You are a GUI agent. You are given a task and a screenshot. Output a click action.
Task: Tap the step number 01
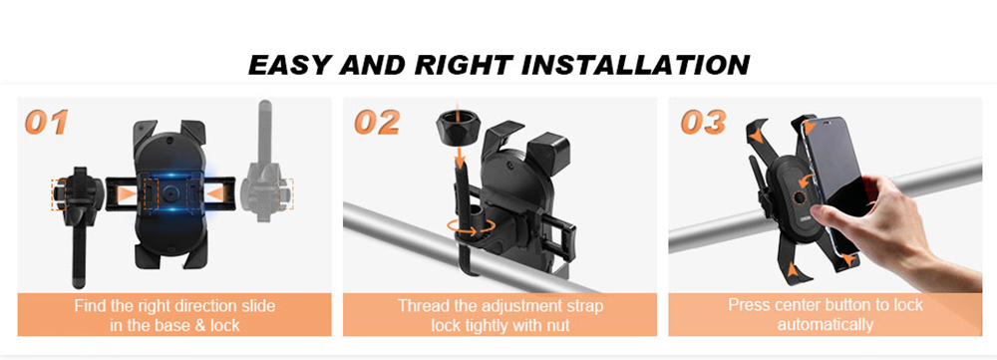(x=47, y=123)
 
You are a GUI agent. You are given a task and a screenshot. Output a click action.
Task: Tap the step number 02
(x=377, y=123)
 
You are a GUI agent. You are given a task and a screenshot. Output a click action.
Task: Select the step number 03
(x=703, y=123)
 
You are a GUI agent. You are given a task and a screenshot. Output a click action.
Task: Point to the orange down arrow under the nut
(x=459, y=161)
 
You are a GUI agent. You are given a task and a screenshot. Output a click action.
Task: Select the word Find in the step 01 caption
(x=91, y=305)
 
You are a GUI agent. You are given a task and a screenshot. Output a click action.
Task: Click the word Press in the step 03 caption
(x=751, y=305)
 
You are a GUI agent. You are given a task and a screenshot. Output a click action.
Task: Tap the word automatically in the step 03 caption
(x=826, y=324)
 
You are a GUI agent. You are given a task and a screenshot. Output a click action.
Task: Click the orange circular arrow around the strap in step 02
(x=461, y=227)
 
